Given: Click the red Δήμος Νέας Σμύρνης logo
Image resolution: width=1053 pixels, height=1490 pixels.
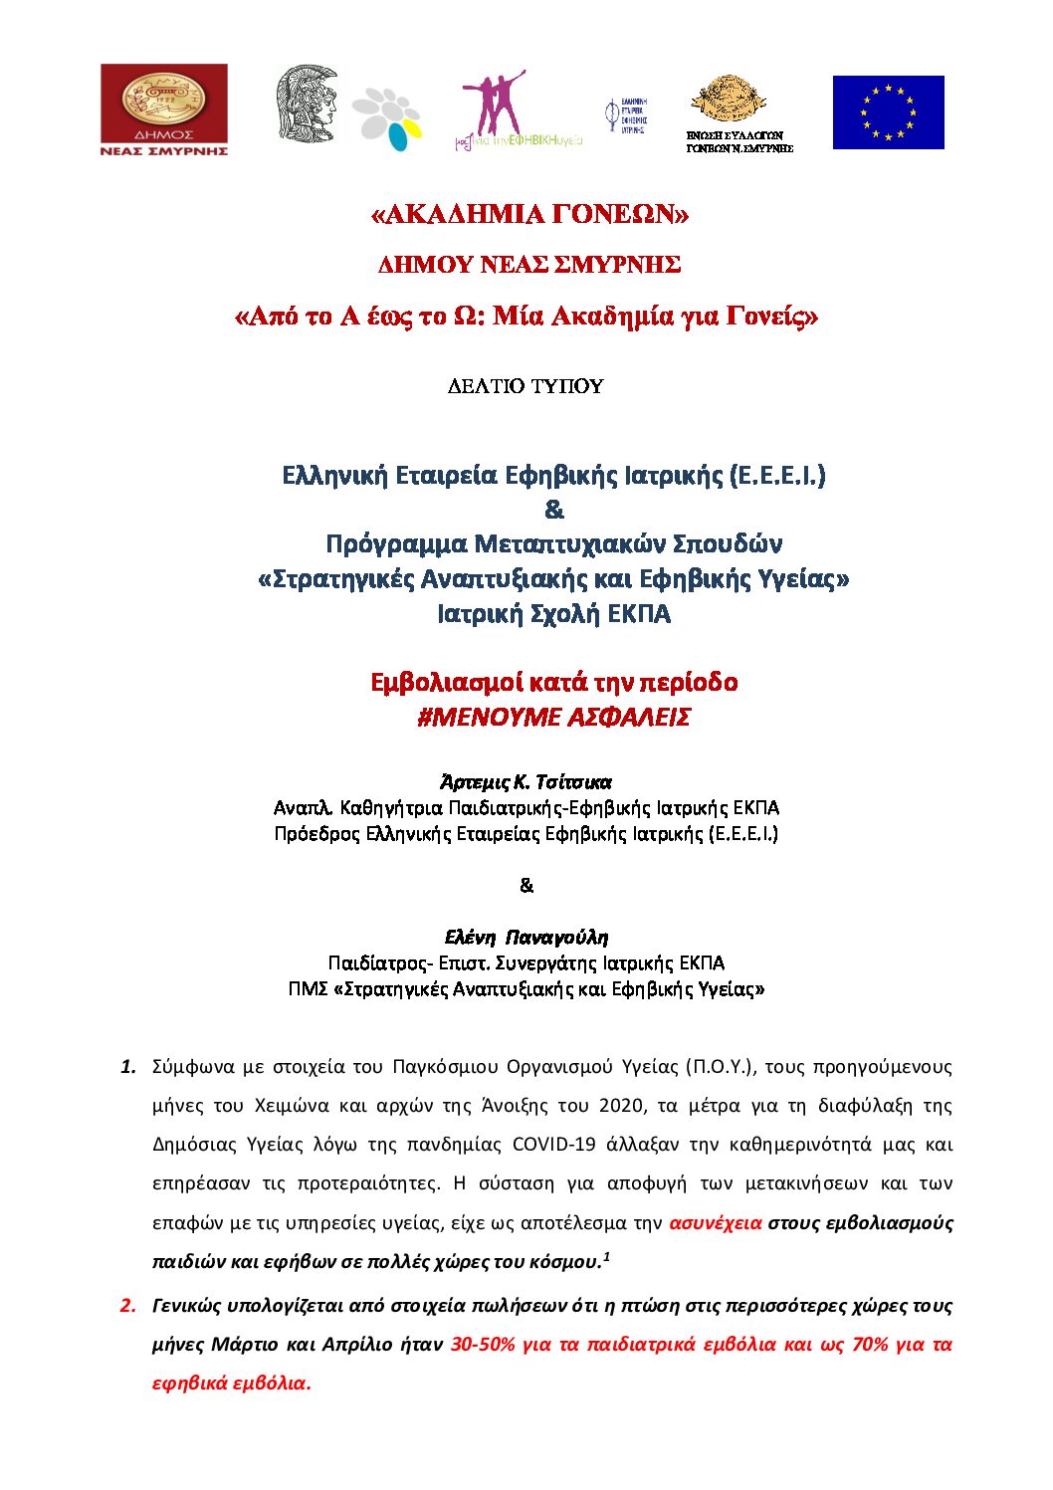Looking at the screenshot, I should coord(164,109).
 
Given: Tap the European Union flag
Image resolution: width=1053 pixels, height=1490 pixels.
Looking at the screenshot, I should coord(888,112).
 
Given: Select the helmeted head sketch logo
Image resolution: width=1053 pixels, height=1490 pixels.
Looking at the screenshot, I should coord(306,105).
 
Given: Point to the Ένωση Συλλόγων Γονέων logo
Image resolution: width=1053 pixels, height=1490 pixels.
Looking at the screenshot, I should coord(739,112).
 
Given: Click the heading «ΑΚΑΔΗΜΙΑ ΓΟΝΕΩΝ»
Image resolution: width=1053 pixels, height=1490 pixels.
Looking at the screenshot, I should coord(528,215).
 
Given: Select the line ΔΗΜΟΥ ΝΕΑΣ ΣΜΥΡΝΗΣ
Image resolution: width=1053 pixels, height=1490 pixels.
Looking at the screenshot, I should coord(528,265).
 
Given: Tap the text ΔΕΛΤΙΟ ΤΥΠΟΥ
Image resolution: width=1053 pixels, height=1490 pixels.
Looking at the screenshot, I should coord(526,386).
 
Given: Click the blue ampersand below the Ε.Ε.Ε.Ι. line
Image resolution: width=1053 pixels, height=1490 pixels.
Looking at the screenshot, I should coord(554,510).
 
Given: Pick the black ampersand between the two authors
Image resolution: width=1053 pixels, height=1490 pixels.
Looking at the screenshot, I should coord(526,885).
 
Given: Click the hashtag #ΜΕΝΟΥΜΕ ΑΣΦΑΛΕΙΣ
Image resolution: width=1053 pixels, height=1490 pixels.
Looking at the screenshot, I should coord(553,718).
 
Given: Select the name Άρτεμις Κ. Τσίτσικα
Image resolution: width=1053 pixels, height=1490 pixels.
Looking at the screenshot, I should coord(526,781).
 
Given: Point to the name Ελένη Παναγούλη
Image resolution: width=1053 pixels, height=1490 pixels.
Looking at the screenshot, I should coord(526,937).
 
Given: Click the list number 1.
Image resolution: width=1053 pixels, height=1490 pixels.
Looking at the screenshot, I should coord(128,1067).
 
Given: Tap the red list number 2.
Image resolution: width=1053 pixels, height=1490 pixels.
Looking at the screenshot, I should coord(128,1305).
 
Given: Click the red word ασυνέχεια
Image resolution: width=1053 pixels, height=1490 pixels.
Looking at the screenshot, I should coord(716,1222).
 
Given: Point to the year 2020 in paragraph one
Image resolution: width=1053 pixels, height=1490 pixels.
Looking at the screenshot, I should coord(620,1105).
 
